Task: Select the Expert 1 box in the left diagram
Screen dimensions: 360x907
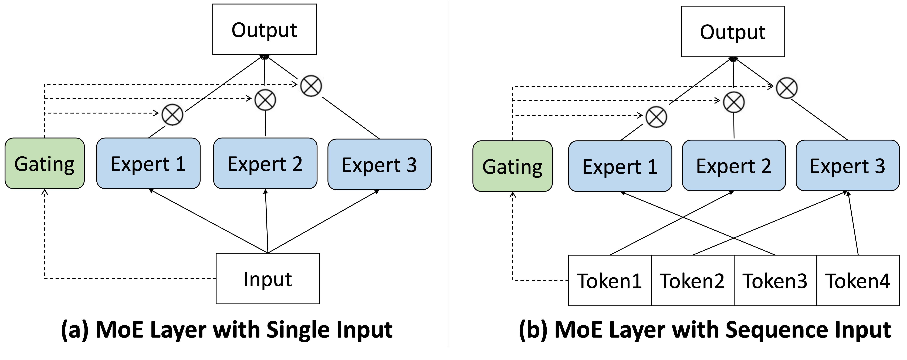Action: click(148, 163)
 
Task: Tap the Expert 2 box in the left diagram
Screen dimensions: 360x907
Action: click(265, 163)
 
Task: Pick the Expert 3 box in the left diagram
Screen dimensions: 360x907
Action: click(379, 164)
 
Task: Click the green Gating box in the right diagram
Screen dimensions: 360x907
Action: click(512, 166)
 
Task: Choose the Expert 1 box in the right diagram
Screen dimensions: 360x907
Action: click(620, 166)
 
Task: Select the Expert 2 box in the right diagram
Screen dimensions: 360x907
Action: click(734, 166)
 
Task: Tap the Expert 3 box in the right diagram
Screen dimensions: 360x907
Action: click(848, 166)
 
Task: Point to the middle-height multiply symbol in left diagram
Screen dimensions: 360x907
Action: click(265, 99)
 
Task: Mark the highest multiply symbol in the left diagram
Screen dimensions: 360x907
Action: click(311, 85)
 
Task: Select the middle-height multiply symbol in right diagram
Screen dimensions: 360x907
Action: click(733, 101)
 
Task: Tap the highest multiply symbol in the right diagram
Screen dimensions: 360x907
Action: click(786, 87)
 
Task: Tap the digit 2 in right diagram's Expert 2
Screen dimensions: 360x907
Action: click(766, 166)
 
